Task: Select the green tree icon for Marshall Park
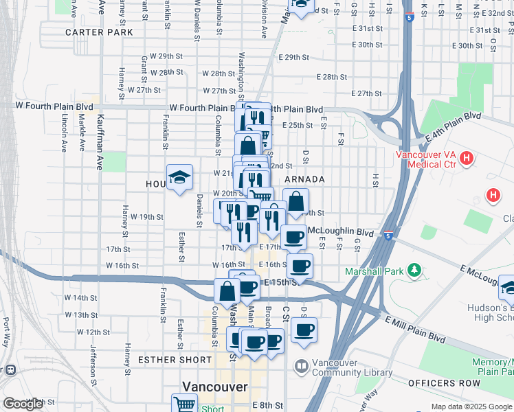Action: pyautogui.click(x=414, y=270)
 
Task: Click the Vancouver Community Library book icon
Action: pyautogui.click(x=301, y=365)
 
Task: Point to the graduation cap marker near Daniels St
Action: pyautogui.click(x=179, y=178)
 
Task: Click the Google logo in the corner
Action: pyautogui.click(x=22, y=404)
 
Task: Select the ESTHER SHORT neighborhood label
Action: pyautogui.click(x=175, y=360)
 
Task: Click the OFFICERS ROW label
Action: pyautogui.click(x=443, y=382)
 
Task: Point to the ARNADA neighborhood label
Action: pyautogui.click(x=304, y=179)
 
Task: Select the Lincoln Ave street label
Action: pyautogui.click(x=63, y=133)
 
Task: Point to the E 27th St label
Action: pyautogui.click(x=366, y=93)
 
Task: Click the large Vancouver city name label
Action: pyautogui.click(x=214, y=387)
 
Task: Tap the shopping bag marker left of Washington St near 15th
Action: pyautogui.click(x=227, y=290)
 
